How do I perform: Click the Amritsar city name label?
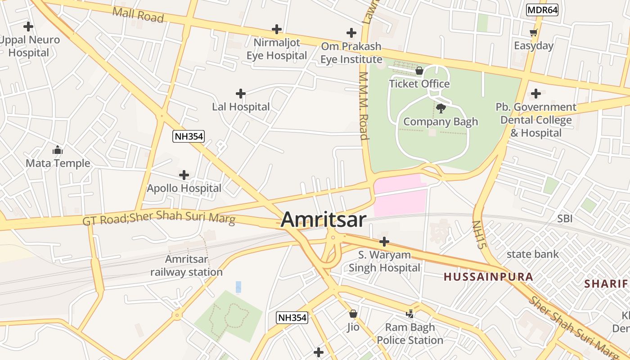tap(324, 220)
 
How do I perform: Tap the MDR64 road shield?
tap(542, 10)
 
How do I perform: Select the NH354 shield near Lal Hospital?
tap(189, 136)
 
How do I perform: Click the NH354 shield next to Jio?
tap(292, 318)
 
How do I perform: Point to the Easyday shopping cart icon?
tap(534, 32)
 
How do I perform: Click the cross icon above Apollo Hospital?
tap(184, 175)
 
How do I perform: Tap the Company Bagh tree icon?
tap(441, 108)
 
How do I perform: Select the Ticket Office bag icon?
tap(419, 71)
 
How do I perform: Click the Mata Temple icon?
tap(58, 150)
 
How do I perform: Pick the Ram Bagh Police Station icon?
tap(410, 314)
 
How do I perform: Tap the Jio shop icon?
tap(353, 313)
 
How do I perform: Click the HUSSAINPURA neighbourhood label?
tap(489, 277)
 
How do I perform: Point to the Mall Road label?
tap(138, 14)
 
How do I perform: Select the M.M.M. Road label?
tap(364, 106)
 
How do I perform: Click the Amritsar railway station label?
tap(186, 265)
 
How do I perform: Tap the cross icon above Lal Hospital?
tap(241, 94)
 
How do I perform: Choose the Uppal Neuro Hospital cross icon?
tap(28, 27)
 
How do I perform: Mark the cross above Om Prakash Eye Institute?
tap(351, 33)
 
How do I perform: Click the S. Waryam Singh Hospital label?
tap(384, 261)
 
